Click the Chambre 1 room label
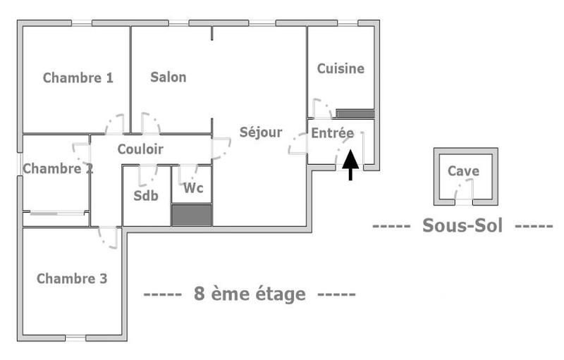coord(78,78)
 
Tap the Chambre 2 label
coord(58,168)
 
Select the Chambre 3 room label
coord(72,279)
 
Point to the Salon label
coord(168,77)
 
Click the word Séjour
coord(260,132)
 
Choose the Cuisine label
coord(341,69)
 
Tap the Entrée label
coord(333,132)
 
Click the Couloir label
coord(140,149)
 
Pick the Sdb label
coord(146,195)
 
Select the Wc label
coord(193,189)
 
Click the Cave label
coord(463,171)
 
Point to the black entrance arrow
coord(350,165)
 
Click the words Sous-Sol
coord(462,226)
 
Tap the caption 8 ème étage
coord(250,294)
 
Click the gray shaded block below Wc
coord(192,215)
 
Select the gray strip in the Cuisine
coord(354,113)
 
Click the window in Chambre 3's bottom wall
coord(75,337)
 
